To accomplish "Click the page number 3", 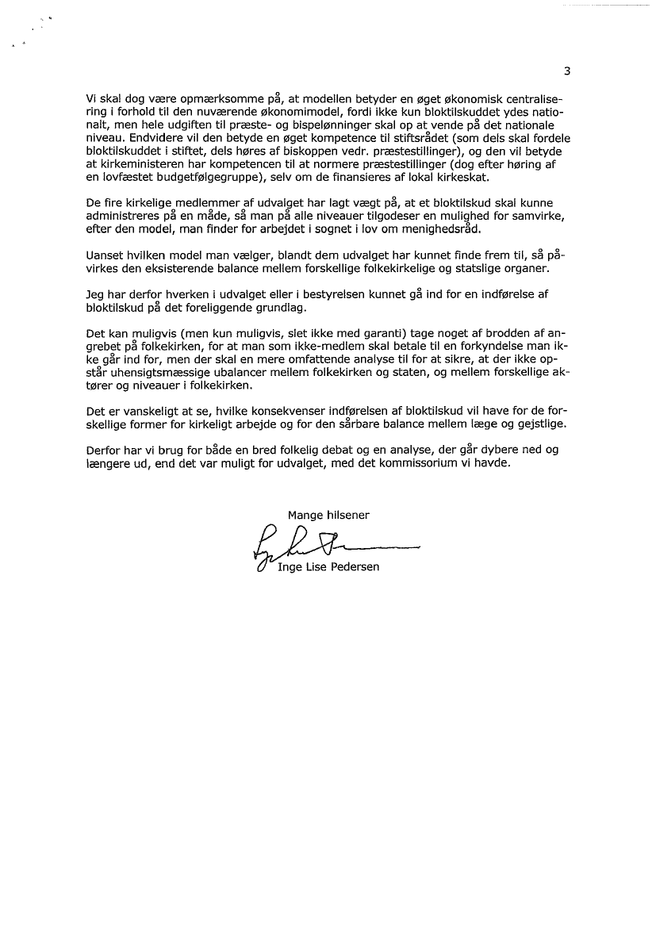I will pyautogui.click(x=567, y=71).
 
